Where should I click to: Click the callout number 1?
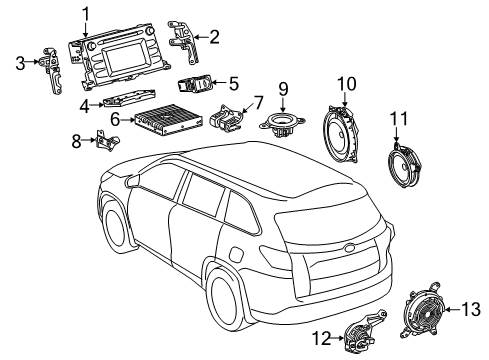tap(86, 13)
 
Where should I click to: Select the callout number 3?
tap(20, 64)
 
